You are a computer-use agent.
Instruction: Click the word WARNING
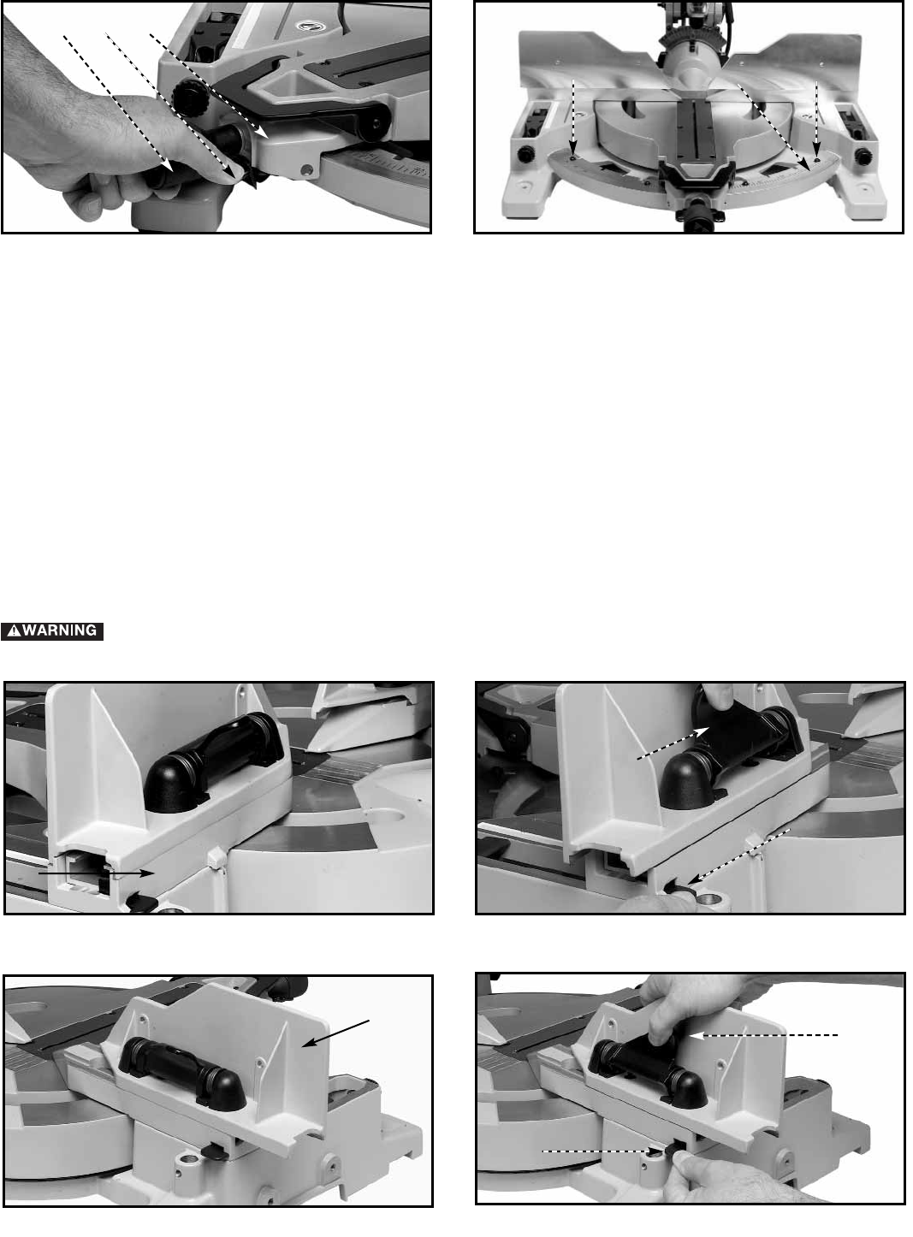pyautogui.click(x=60, y=630)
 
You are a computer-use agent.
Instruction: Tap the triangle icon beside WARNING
pyautogui.click(x=14, y=631)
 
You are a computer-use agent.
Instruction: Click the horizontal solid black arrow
pyautogui.click(x=96, y=873)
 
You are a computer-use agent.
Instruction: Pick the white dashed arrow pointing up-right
pyautogui.click(x=673, y=743)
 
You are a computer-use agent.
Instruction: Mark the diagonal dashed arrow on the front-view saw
pyautogui.click(x=774, y=127)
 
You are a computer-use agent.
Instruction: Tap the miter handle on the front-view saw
pyautogui.click(x=696, y=209)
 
